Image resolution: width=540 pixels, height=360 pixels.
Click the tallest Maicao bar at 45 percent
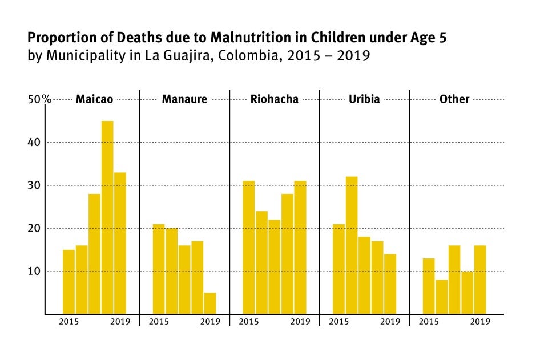(x=107, y=217)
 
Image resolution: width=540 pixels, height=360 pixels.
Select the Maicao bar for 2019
(x=120, y=243)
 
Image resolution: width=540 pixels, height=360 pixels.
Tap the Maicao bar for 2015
(x=68, y=282)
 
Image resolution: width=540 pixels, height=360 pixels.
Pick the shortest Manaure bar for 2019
(x=210, y=303)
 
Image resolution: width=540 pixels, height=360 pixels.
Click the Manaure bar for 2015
(x=159, y=269)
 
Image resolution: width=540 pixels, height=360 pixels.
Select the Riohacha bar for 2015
(x=248, y=248)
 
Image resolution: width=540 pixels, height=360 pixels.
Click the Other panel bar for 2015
(x=429, y=286)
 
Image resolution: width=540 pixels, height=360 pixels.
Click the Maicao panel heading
(x=94, y=99)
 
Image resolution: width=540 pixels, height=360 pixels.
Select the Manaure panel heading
(x=184, y=99)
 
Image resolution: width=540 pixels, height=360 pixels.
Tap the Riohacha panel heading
(x=275, y=99)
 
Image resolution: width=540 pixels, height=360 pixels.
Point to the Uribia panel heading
(x=364, y=99)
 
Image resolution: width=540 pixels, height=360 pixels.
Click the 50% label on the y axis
(x=39, y=99)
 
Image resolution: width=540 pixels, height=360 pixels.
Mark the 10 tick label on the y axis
(x=35, y=271)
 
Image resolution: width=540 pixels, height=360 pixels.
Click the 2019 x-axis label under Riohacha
(x=300, y=322)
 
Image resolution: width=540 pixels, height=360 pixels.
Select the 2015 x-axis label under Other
(x=429, y=322)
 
